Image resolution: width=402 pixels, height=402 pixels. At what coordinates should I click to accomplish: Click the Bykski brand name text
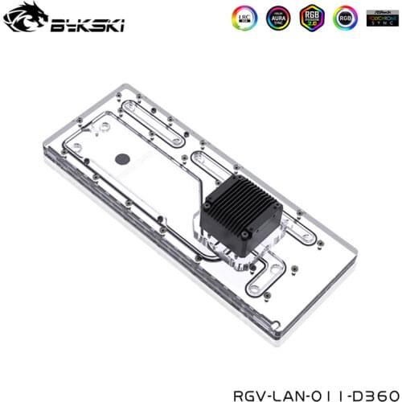point(76,22)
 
